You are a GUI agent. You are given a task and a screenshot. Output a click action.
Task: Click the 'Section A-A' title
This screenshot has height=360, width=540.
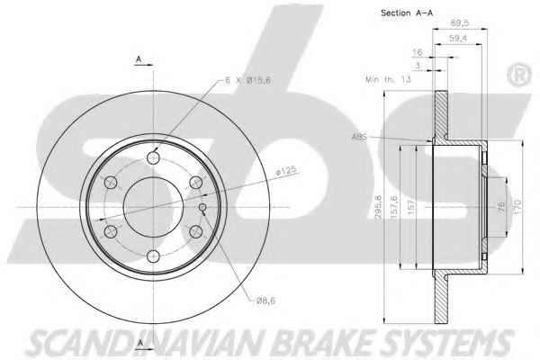click(407, 13)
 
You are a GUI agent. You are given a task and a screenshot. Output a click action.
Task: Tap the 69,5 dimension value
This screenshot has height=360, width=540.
click(459, 22)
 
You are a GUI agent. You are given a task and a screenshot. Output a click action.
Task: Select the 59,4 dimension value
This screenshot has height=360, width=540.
click(458, 39)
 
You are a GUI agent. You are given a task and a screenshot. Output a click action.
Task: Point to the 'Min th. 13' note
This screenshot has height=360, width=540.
click(388, 79)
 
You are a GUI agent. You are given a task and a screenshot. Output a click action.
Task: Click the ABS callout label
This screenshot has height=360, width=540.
click(359, 137)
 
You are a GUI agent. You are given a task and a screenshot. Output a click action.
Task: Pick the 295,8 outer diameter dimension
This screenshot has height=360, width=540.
click(378, 207)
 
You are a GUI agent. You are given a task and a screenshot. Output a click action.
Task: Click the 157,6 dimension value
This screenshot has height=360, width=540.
click(394, 207)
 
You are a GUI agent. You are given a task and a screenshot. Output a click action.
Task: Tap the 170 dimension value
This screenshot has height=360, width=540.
click(518, 206)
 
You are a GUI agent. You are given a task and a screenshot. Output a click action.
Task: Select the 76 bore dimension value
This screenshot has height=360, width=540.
click(501, 206)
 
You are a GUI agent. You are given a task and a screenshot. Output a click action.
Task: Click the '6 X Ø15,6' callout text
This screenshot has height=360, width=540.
click(247, 80)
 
